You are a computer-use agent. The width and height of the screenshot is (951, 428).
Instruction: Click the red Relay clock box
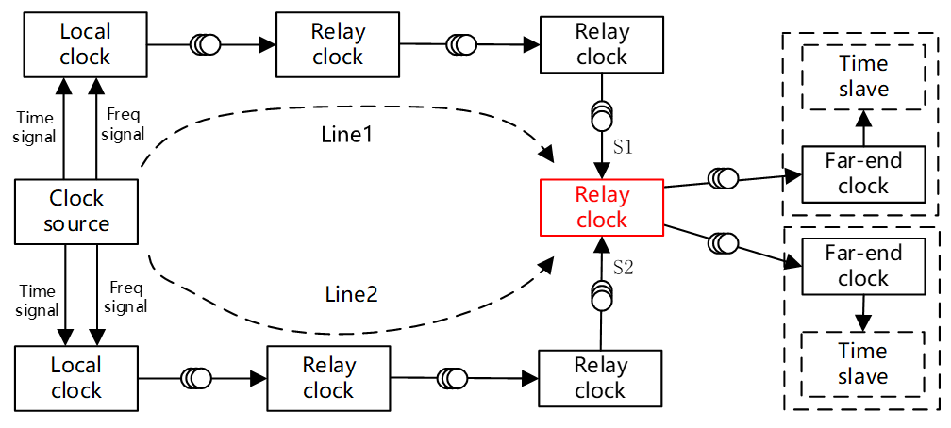click(x=601, y=208)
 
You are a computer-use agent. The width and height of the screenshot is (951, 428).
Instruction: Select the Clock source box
click(x=77, y=212)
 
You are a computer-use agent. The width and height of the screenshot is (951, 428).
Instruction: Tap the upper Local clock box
click(x=85, y=44)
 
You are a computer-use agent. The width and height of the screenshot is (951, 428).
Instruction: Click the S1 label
click(x=623, y=148)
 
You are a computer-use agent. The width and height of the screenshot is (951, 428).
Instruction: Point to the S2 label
click(x=623, y=268)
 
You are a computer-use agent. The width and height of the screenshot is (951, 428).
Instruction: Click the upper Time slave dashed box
click(x=863, y=76)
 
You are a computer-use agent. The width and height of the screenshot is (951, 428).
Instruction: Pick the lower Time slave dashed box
click(x=862, y=364)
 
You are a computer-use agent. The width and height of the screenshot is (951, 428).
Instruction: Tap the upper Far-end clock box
click(x=862, y=173)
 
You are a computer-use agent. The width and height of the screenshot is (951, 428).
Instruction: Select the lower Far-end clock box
click(x=862, y=266)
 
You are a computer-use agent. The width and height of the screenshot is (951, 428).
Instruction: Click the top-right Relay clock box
click(x=601, y=44)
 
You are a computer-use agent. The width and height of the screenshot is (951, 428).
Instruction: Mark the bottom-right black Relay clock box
click(x=600, y=378)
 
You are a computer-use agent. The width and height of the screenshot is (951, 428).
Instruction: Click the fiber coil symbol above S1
click(x=601, y=114)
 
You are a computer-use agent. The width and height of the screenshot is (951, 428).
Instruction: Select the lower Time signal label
click(x=39, y=301)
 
